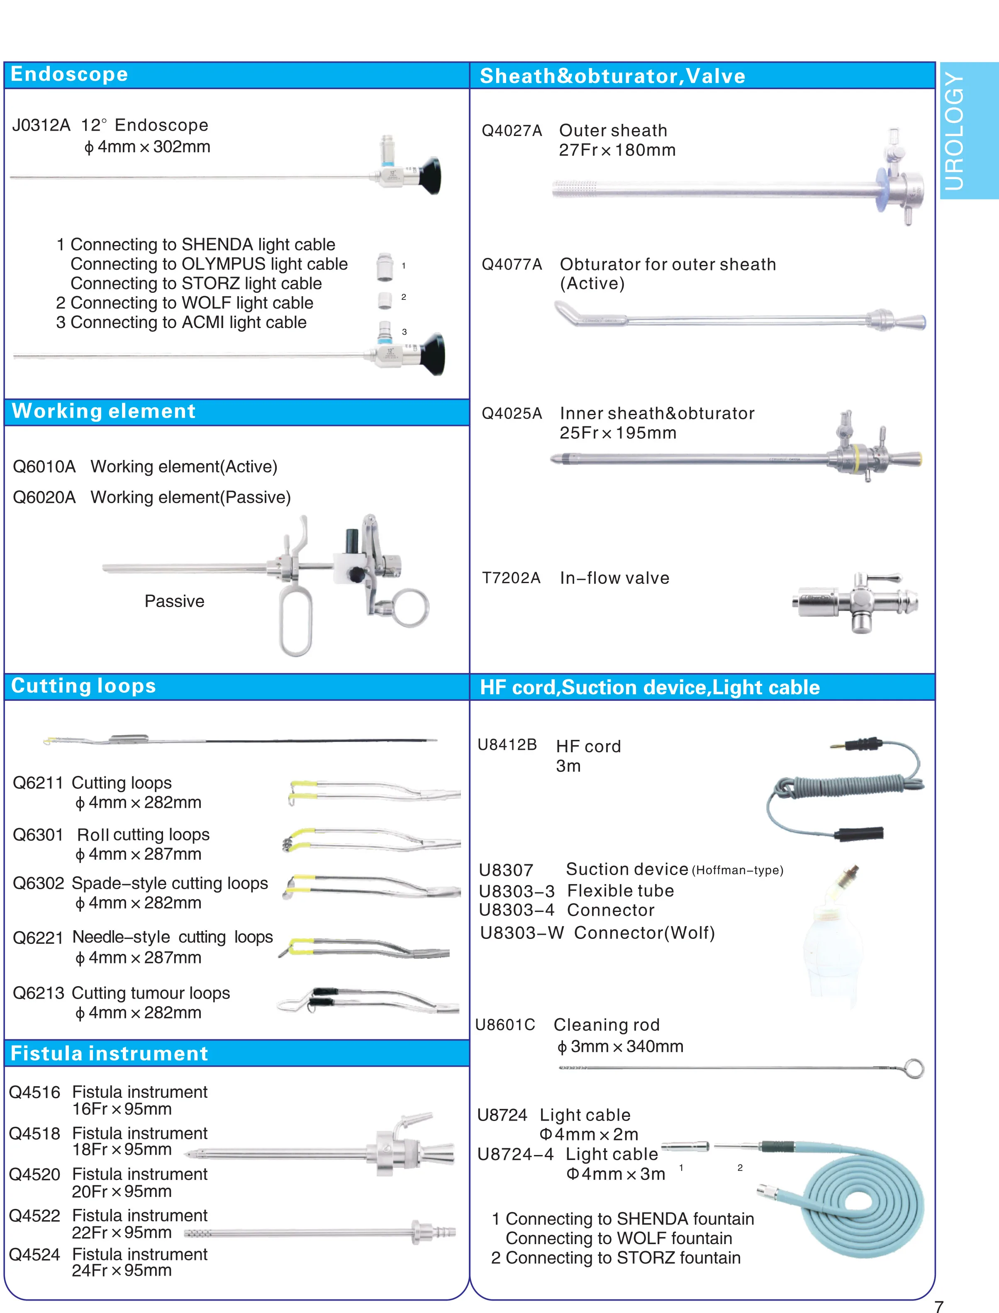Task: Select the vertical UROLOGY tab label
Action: click(954, 131)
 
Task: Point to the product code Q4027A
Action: click(512, 131)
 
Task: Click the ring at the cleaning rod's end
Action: click(914, 1068)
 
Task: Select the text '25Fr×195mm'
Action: click(617, 433)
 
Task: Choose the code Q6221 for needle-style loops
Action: click(37, 938)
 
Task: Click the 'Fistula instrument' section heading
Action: click(110, 1054)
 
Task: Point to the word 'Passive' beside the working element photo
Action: click(174, 601)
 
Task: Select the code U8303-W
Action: click(521, 933)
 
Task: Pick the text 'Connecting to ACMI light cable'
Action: click(188, 323)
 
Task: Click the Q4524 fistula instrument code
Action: click(34, 1255)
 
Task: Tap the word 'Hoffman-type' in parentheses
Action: click(737, 871)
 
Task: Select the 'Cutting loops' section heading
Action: click(83, 686)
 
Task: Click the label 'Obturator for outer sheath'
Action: click(667, 265)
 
